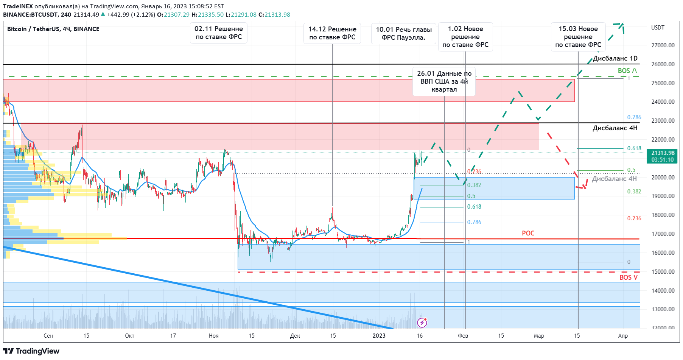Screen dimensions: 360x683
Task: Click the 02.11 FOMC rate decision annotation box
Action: pos(219,33)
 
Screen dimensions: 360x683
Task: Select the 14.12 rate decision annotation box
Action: pos(332,33)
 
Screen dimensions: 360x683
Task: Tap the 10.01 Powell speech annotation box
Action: pos(404,34)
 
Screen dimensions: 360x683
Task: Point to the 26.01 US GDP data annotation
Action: pos(444,81)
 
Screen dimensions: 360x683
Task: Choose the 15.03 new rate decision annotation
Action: pos(578,37)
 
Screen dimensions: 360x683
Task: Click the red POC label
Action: pos(528,233)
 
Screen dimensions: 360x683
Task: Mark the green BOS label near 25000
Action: pos(627,71)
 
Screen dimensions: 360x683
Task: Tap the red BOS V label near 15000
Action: pos(628,277)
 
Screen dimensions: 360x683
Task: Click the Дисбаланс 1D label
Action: pos(615,58)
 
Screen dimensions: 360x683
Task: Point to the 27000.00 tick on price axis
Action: pos(663,45)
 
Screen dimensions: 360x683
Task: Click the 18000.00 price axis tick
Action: pos(663,215)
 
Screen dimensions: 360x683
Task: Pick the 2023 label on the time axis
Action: pos(379,336)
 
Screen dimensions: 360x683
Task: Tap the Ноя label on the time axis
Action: pos(213,336)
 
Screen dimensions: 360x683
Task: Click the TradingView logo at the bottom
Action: pos(31,351)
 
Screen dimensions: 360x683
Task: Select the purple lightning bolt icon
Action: pos(422,323)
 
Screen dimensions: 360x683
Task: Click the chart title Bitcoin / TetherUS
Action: pos(53,29)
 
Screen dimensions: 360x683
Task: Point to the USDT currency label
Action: pos(658,28)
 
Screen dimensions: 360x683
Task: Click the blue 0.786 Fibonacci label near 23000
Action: pos(634,117)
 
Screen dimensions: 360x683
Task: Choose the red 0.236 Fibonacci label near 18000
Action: pos(634,218)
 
